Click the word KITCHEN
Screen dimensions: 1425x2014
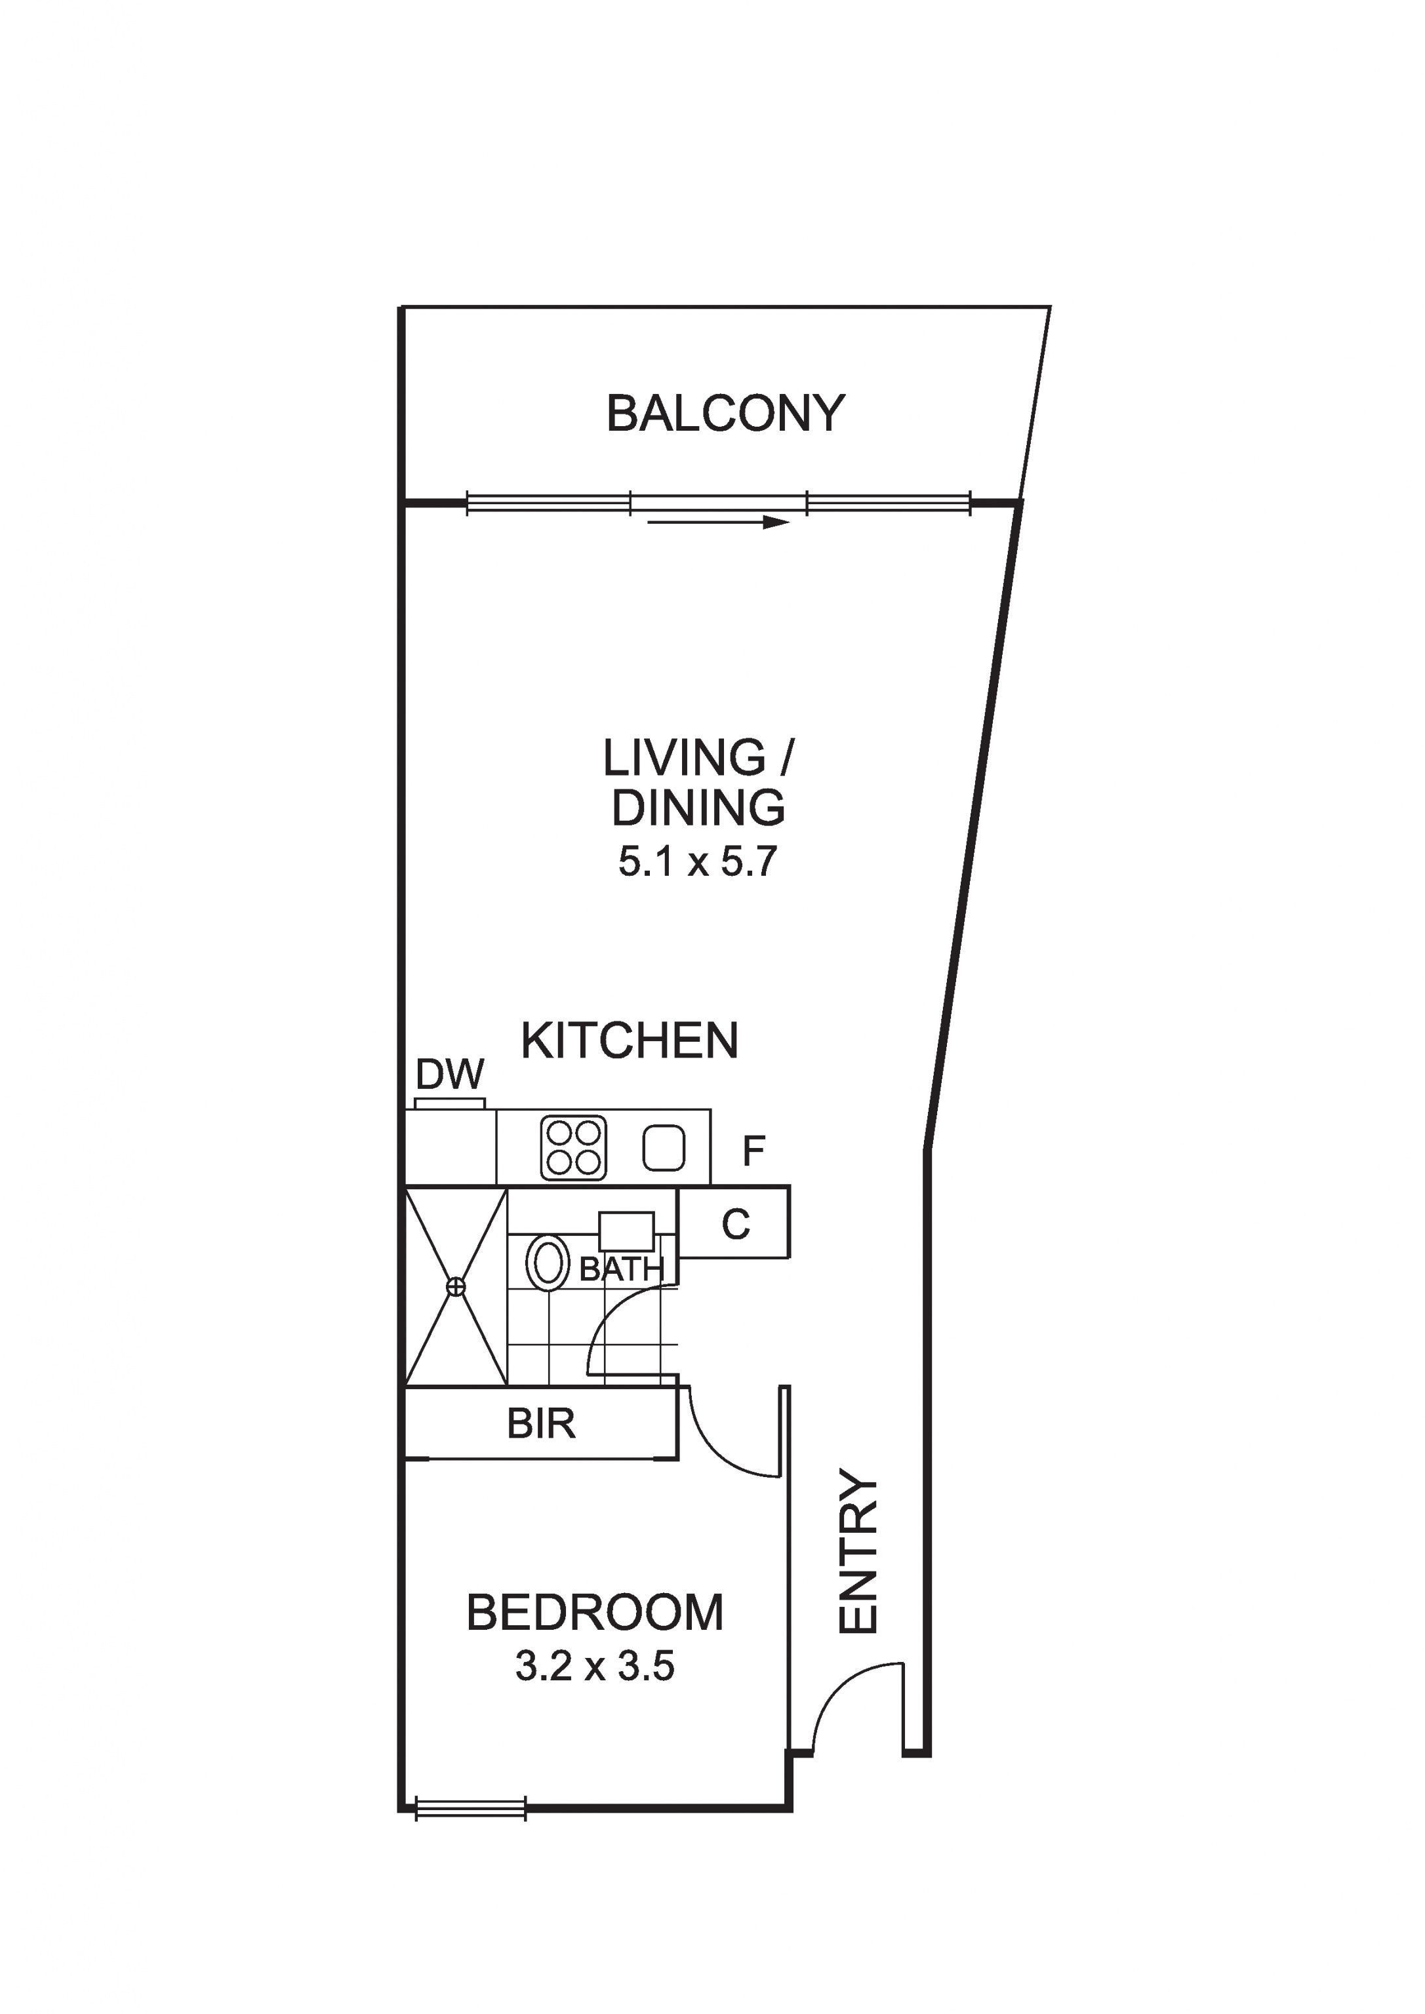630,1040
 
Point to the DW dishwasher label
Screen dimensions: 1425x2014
450,1075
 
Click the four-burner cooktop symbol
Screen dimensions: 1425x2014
574,1147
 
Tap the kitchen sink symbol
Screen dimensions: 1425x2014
664,1147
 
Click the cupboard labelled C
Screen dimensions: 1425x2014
735,1223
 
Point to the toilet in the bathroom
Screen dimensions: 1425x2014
548,1263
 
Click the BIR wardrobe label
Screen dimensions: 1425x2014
540,1424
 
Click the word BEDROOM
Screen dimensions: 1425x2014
595,1612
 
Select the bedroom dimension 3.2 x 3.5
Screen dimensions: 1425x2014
595,1667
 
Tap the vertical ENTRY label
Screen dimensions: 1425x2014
858,1552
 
